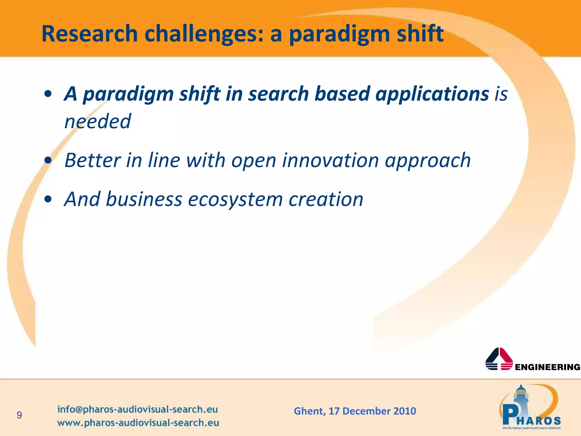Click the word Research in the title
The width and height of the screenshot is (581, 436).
(89, 34)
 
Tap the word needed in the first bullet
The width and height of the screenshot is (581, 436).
(98, 121)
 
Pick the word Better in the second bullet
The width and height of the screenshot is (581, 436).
(92, 160)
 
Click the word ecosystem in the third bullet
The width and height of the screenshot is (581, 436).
(235, 200)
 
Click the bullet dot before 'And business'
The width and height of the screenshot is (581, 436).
(48, 199)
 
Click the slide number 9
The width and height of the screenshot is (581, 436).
(19, 415)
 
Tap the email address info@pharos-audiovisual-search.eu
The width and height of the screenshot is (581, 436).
(137, 409)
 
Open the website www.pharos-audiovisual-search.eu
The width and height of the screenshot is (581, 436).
(138, 423)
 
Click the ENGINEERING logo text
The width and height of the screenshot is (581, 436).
(547, 367)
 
